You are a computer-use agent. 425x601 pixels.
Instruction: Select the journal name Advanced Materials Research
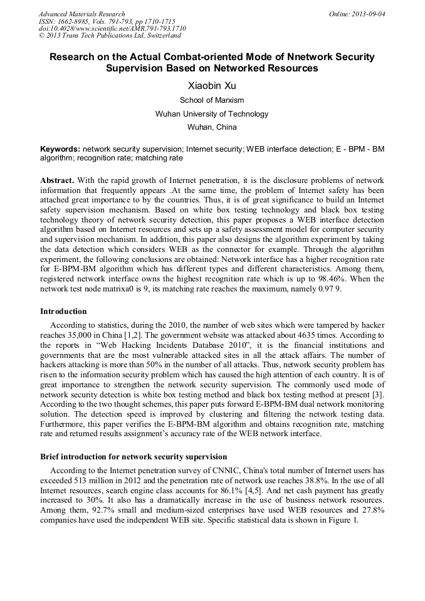(81, 14)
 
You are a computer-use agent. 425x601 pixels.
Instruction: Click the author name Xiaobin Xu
(212, 85)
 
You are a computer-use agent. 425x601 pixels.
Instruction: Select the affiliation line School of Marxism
(212, 100)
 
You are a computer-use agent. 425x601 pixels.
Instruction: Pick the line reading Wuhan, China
(212, 127)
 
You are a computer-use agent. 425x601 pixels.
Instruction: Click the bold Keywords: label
(60, 150)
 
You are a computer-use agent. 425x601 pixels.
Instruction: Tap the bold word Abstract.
(56, 180)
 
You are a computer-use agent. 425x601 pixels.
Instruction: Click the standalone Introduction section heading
(63, 311)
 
